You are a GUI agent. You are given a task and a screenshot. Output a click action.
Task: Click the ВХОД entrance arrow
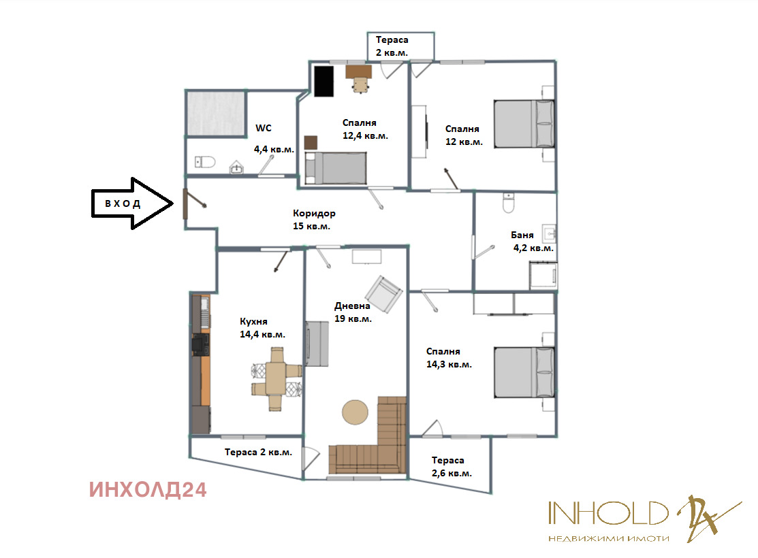tap(132, 203)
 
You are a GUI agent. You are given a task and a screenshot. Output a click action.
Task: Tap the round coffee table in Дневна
tap(356, 412)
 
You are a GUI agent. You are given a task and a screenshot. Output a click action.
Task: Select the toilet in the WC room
tap(204, 162)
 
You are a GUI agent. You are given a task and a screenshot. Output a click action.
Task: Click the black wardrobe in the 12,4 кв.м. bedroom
tap(324, 81)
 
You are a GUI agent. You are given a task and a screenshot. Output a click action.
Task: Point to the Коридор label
tap(314, 213)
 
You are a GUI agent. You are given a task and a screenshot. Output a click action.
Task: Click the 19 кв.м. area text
tap(353, 319)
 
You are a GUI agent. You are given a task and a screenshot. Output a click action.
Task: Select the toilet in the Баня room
tap(508, 203)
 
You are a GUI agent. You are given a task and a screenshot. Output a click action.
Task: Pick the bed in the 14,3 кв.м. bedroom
tap(524, 372)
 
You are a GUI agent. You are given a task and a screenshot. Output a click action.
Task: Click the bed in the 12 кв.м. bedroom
tap(524, 124)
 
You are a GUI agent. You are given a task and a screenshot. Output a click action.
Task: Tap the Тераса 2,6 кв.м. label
tap(452, 467)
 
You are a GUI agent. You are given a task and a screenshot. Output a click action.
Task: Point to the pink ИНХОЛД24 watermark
tap(148, 490)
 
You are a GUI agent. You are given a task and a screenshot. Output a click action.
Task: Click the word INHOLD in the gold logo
tap(608, 513)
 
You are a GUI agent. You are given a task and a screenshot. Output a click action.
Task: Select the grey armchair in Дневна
tap(384, 294)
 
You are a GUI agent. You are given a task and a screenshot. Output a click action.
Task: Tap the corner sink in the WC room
tap(236, 167)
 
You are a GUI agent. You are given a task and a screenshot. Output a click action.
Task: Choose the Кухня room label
tap(253, 321)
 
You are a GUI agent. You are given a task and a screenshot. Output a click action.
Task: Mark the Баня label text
tap(522, 235)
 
